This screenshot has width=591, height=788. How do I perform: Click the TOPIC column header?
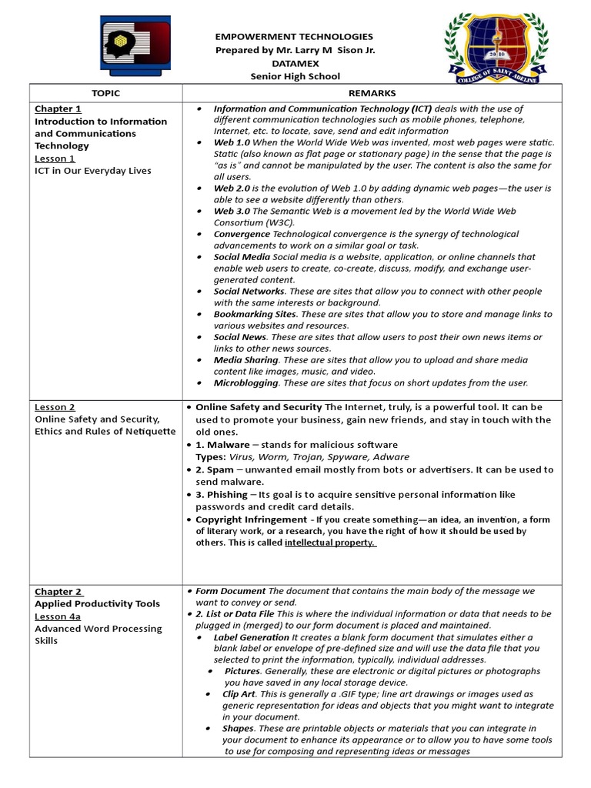[105, 93]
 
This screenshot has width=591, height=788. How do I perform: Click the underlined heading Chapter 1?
[58, 109]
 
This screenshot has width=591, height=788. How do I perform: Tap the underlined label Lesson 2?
[55, 407]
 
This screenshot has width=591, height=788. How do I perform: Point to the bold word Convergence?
[242, 234]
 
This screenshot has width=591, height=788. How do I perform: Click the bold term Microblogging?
[246, 382]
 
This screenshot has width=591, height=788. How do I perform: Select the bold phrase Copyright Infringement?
[251, 519]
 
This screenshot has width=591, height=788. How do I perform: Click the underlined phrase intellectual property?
[329, 543]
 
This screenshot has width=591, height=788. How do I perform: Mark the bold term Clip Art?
[239, 693]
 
